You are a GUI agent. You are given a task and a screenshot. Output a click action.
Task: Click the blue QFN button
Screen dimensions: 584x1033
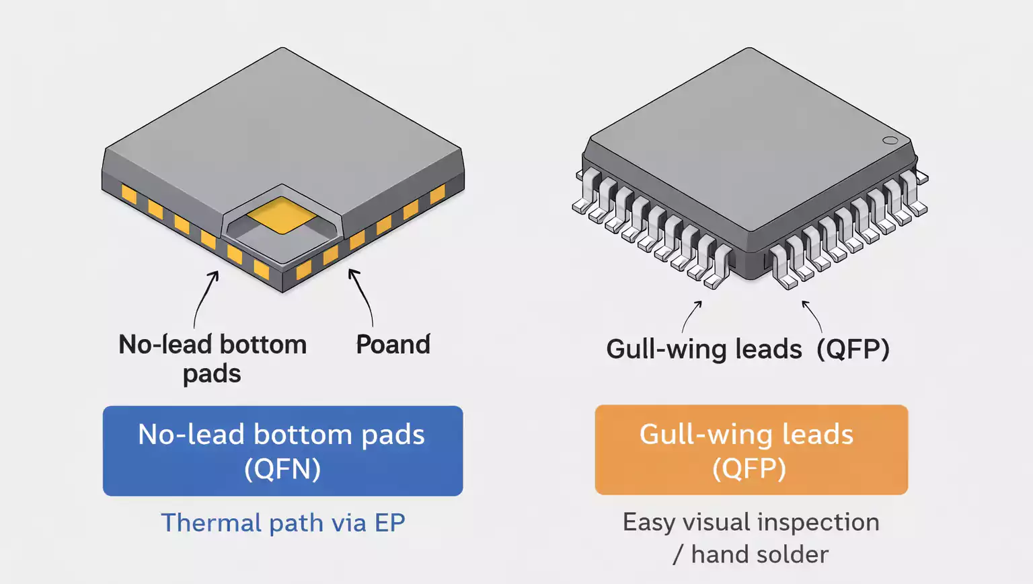(x=282, y=451)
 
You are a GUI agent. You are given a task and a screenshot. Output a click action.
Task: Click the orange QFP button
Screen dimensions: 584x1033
(x=751, y=450)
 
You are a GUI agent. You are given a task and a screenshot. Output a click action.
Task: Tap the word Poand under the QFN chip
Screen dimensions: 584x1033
(x=393, y=344)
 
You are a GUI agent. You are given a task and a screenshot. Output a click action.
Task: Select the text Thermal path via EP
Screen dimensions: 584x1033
(x=282, y=523)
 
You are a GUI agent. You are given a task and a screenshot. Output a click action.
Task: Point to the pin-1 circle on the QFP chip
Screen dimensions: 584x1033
(x=890, y=141)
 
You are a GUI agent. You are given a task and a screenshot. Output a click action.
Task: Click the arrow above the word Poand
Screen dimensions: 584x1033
(x=361, y=296)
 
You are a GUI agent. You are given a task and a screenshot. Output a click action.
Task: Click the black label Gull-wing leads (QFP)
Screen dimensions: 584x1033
(x=747, y=349)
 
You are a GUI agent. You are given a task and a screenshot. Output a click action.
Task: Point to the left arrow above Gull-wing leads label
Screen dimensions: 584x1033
(x=692, y=316)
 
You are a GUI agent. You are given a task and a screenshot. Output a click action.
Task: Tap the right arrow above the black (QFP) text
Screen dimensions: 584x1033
(x=812, y=316)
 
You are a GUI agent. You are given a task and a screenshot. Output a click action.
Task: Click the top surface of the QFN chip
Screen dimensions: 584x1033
(x=282, y=128)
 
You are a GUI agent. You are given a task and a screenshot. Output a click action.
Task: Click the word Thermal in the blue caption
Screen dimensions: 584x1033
(x=211, y=523)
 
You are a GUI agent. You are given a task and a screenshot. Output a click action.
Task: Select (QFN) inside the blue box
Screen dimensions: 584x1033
(x=282, y=469)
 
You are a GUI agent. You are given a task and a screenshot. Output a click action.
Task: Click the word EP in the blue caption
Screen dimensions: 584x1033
(x=389, y=523)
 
